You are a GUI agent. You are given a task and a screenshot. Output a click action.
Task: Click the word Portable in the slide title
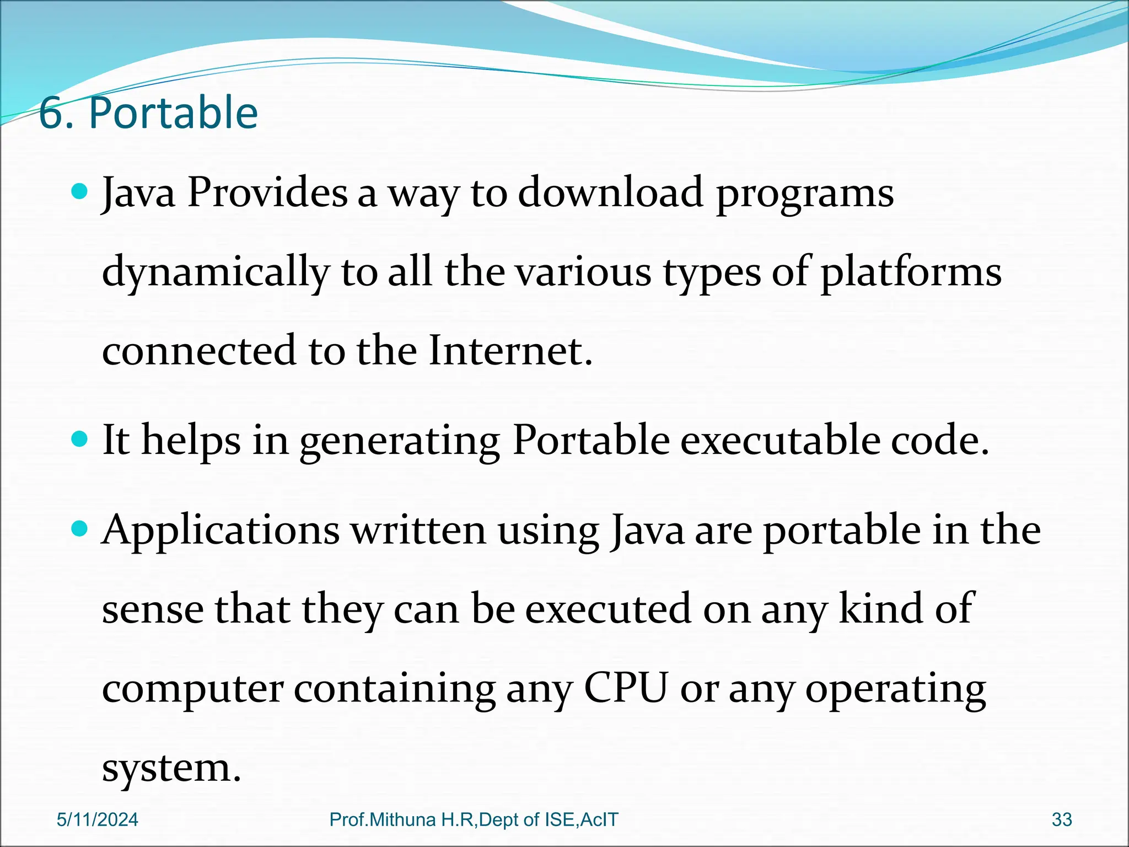[x=173, y=113]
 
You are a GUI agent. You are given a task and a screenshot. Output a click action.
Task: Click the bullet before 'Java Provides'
[x=80, y=192]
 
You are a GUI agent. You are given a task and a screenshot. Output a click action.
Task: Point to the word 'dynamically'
[x=216, y=273]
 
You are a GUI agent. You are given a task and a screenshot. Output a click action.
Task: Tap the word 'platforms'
[x=911, y=273]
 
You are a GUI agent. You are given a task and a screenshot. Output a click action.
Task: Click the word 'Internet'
[x=510, y=351]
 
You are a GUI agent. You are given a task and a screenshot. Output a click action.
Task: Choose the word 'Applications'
[x=221, y=531]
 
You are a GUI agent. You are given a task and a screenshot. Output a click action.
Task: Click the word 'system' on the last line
[x=171, y=768]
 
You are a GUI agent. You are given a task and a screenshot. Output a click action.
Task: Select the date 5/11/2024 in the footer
[x=98, y=820]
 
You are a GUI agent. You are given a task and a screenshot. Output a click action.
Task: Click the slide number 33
[x=1062, y=820]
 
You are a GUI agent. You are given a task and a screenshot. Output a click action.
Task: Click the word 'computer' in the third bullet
[x=192, y=689]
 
